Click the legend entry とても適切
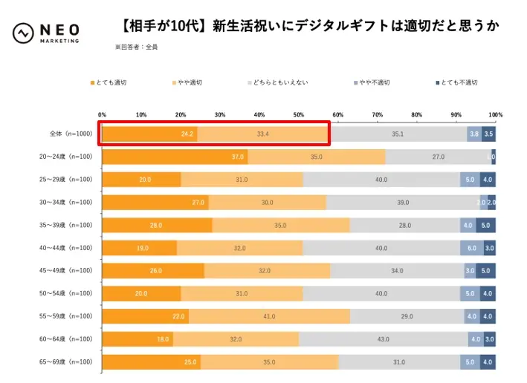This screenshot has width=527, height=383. (111, 82)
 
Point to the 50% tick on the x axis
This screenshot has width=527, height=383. (299, 115)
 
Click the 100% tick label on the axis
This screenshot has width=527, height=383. (496, 115)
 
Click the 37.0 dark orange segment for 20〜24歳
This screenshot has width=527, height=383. (175, 157)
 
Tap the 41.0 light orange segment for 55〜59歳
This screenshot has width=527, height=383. (269, 316)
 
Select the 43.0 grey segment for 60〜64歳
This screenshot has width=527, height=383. (384, 339)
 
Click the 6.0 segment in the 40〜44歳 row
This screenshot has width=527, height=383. (472, 248)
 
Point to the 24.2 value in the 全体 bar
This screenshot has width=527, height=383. (187, 134)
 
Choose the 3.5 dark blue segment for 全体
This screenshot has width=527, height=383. (488, 134)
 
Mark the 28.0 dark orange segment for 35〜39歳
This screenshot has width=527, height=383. (157, 225)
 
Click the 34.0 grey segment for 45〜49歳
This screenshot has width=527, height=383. (397, 271)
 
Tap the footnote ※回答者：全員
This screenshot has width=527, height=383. (136, 47)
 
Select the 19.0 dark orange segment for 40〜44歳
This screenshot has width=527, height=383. (140, 248)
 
